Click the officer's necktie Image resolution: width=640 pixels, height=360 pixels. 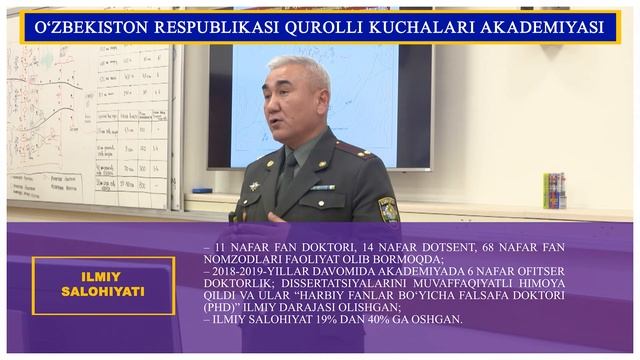tap(288, 178)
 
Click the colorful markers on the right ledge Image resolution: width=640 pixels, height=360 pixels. tap(554, 190)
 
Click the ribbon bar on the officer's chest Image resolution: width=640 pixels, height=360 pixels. tap(321, 187)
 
